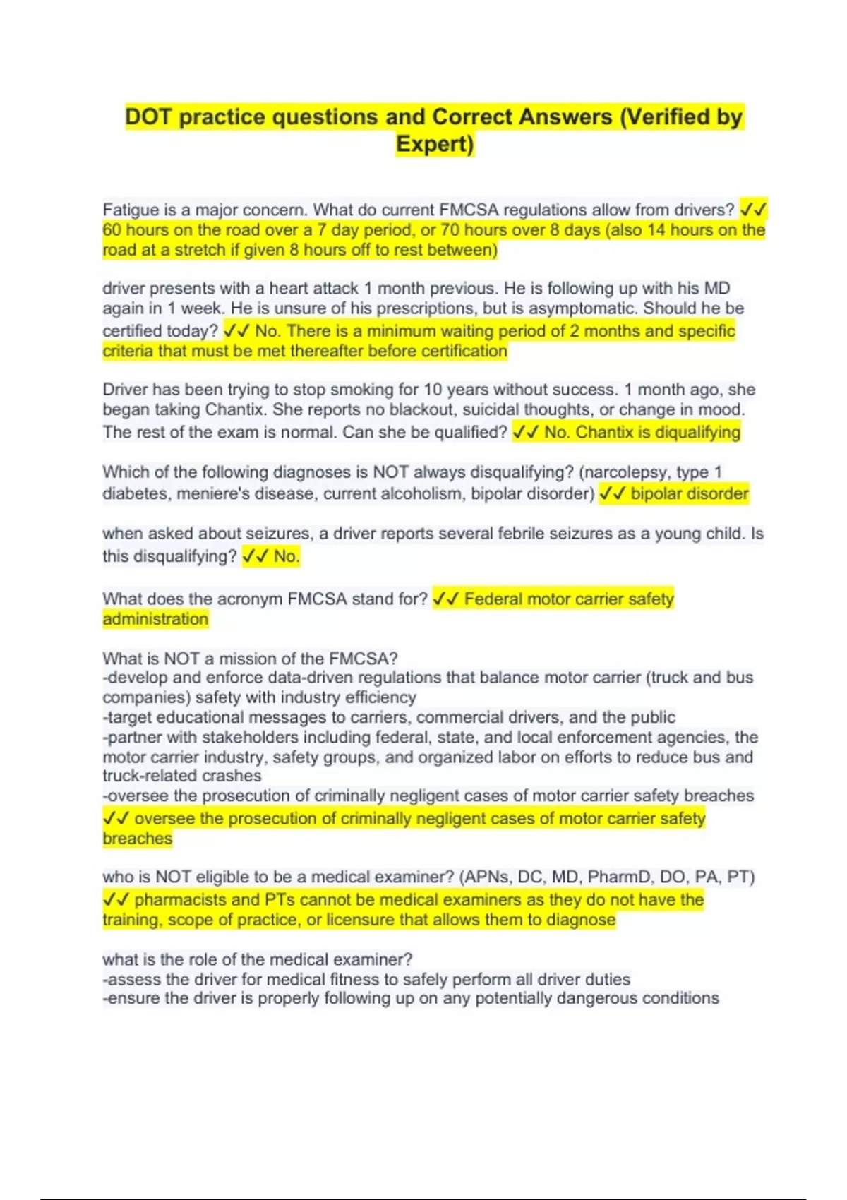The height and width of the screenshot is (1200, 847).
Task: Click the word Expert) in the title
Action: tap(435, 144)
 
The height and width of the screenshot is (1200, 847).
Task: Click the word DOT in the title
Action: tap(148, 116)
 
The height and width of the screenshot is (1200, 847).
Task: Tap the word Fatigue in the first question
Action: tap(131, 210)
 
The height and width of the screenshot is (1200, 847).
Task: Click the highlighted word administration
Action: tap(155, 619)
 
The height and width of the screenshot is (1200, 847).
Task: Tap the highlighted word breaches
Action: tap(137, 839)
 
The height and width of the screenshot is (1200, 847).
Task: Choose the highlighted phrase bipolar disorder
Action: tap(690, 493)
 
